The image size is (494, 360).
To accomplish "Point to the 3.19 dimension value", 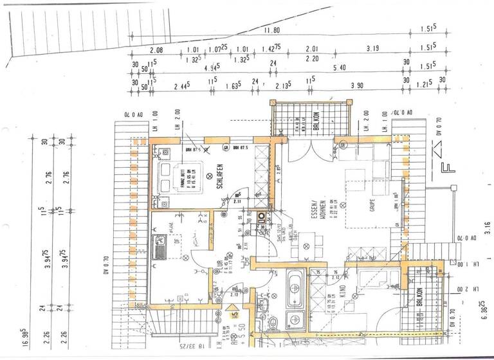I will (372, 49).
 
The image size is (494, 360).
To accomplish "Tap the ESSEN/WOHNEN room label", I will (315, 222).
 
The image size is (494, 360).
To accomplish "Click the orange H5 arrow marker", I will (236, 315).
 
